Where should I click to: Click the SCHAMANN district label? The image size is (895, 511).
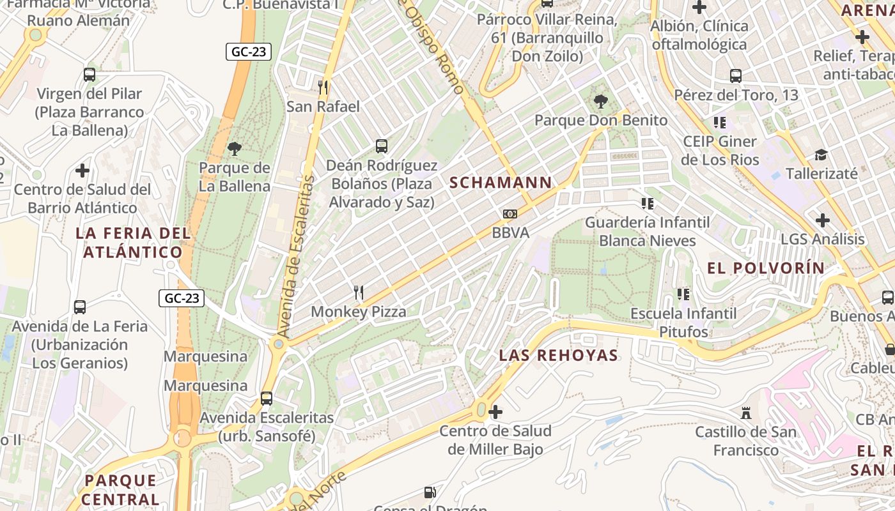pos(501,183)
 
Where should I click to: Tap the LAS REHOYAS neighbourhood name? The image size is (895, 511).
pos(558,355)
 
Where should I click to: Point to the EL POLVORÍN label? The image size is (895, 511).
pos(766,268)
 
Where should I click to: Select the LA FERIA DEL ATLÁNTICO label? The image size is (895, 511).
pos(132,243)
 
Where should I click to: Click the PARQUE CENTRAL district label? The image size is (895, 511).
pos(121,489)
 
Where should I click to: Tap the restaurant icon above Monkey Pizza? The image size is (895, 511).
pos(359,293)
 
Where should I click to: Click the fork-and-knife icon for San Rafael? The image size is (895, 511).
pos(323,87)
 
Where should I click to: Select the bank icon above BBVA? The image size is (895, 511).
pos(510,213)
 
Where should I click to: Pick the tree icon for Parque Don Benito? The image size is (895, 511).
pos(600,101)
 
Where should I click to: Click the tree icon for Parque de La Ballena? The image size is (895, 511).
pos(235,149)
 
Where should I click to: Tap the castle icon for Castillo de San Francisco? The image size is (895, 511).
pos(745,413)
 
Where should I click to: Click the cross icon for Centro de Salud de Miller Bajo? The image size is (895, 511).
pos(495,412)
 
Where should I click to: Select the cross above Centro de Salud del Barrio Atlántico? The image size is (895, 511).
pos(82,171)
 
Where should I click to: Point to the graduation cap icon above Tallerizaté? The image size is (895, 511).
pos(821,155)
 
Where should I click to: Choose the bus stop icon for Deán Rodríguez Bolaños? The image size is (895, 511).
pos(382,146)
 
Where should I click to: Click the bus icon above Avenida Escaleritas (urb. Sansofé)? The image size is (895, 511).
pos(267,399)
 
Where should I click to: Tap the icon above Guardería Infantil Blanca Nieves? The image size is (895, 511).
pos(648,203)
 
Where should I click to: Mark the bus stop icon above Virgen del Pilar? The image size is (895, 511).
pos(89,75)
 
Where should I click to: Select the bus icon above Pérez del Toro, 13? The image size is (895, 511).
pos(736,76)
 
